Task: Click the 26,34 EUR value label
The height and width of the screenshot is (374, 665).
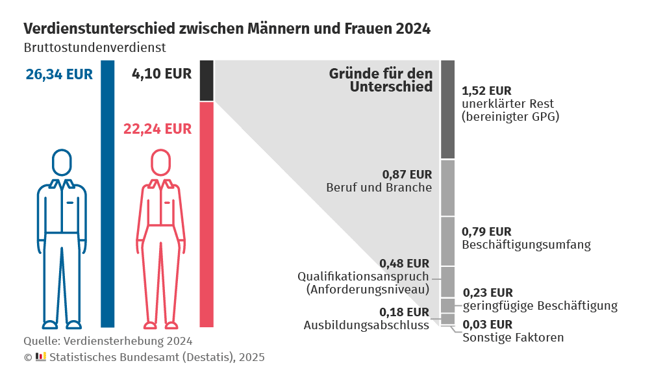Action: [59, 74]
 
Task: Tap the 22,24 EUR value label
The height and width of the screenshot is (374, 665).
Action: [157, 129]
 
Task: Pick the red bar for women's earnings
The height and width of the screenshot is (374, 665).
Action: [207, 214]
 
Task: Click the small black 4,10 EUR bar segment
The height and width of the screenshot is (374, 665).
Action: [207, 81]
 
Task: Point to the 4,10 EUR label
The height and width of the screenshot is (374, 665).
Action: [162, 73]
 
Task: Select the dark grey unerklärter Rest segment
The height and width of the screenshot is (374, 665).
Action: [447, 109]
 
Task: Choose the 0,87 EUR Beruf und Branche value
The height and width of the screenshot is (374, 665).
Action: [407, 174]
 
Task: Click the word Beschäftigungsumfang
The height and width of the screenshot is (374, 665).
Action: [526, 245]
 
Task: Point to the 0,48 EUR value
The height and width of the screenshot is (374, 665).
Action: [404, 263]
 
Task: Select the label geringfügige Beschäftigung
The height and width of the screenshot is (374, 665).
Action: [540, 305]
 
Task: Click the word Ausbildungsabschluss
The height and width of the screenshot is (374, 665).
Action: [366, 325]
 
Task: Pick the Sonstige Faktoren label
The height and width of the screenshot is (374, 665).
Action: [513, 338]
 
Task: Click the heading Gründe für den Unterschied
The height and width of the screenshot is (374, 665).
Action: [381, 80]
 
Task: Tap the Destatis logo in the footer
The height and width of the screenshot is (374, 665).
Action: [40, 356]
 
